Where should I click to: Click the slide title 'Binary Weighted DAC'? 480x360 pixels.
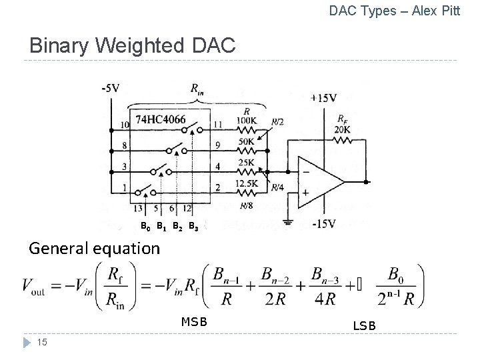tap(132, 46)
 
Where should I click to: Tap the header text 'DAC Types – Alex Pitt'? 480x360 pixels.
tap(395, 11)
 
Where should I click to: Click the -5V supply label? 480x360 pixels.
tap(111, 88)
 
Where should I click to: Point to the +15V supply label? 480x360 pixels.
tap(323, 97)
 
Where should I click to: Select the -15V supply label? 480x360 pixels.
tap(323, 224)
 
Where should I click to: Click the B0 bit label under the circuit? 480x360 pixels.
tap(145, 227)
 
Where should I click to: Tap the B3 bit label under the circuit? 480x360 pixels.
tap(193, 227)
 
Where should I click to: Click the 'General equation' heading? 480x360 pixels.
tap(94, 249)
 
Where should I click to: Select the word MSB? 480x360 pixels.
tap(195, 322)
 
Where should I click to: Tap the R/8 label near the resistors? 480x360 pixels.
tap(245, 205)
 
